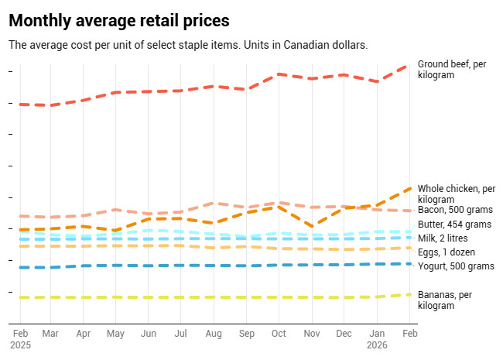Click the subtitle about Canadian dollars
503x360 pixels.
point(187,45)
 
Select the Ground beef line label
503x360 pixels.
point(451,69)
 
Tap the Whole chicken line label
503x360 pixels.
point(456,194)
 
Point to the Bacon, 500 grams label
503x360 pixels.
point(455,211)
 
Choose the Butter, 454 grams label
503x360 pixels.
point(454,225)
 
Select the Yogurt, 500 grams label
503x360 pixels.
point(455,266)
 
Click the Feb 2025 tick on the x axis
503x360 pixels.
point(20,338)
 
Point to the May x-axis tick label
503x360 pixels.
point(115,333)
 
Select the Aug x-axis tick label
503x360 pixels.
point(214,333)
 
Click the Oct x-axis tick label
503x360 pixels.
point(279,333)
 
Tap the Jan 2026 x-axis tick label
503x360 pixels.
point(377,338)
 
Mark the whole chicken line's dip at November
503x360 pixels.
point(311,227)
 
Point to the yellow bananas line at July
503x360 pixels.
point(181,297)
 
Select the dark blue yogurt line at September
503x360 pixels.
point(246,266)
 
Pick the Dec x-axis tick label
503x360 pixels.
point(344,333)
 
